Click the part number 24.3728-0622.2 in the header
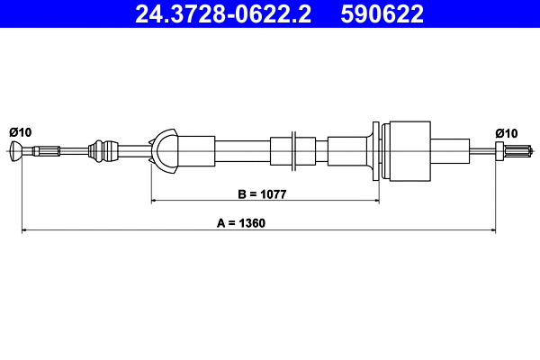point(222,13)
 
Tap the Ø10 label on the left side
point(20,132)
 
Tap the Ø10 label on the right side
point(506,132)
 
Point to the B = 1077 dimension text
point(262,193)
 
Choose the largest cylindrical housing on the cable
point(407,149)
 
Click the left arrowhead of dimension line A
point(25,231)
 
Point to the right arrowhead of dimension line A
point(491,231)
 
